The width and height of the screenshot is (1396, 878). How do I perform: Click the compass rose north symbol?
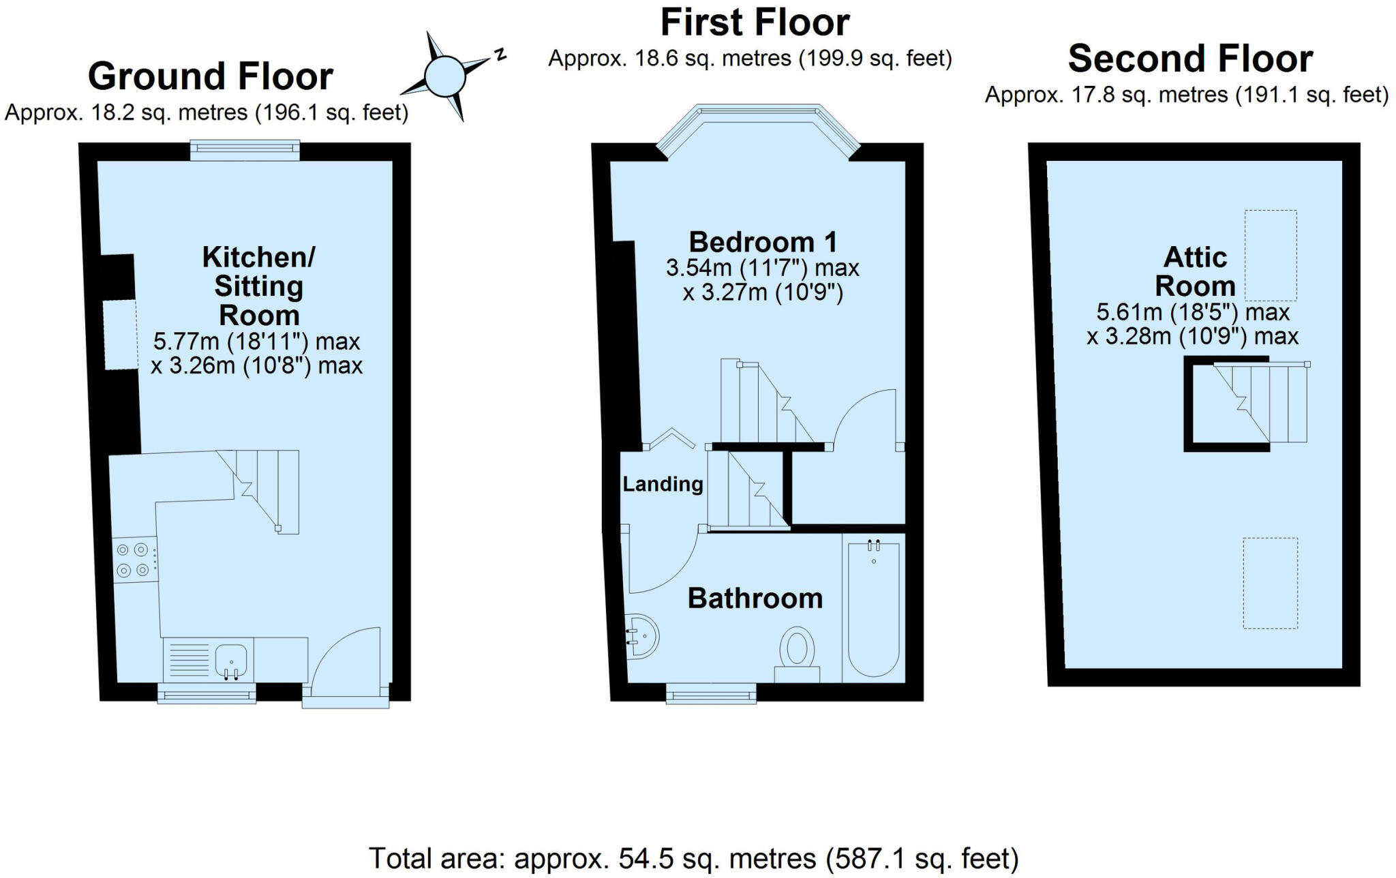(500, 55)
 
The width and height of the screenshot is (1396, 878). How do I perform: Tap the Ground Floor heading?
(210, 76)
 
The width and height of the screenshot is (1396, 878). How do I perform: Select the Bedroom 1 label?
(762, 242)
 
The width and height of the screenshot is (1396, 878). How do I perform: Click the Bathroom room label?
(755, 598)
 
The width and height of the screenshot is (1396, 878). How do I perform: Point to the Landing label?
(663, 484)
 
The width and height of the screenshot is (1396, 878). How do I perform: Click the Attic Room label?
(1195, 271)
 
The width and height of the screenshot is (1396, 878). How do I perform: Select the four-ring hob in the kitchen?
(133, 560)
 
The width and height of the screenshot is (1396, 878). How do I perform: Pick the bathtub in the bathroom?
(873, 607)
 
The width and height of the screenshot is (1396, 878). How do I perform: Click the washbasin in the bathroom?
(643, 636)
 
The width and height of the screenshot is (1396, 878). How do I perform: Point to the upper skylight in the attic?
(1271, 255)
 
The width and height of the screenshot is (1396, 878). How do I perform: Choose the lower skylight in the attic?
(1270, 583)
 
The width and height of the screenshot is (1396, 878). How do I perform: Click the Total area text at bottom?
(693, 858)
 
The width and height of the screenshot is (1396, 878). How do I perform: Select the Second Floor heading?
(1190, 59)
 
